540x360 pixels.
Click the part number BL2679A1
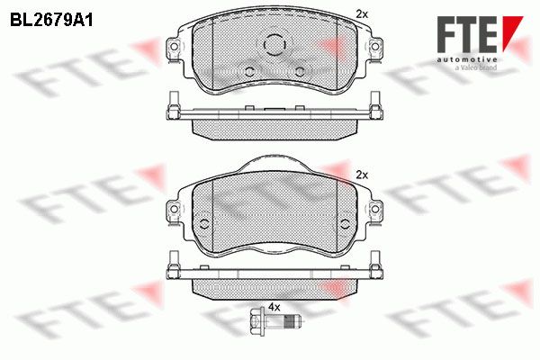pyautogui.click(x=51, y=21)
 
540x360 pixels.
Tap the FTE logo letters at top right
pyautogui.click(x=467, y=34)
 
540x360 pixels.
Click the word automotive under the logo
pyautogui.click(x=467, y=60)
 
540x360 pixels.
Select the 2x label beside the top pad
pyautogui.click(x=362, y=14)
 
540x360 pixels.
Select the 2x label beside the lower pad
pyautogui.click(x=362, y=175)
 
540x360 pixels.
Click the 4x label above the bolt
pyautogui.click(x=274, y=307)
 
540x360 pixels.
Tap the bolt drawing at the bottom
pyautogui.click(x=274, y=322)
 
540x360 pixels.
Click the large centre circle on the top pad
pyautogui.click(x=274, y=44)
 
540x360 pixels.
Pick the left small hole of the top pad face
pyautogui.click(x=249, y=72)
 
